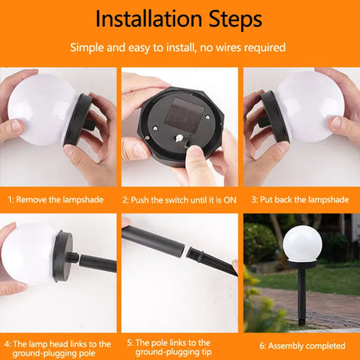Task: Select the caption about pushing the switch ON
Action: (179, 199)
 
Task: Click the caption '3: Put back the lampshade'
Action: (301, 199)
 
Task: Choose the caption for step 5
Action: (179, 347)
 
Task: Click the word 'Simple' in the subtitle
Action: (85, 48)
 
